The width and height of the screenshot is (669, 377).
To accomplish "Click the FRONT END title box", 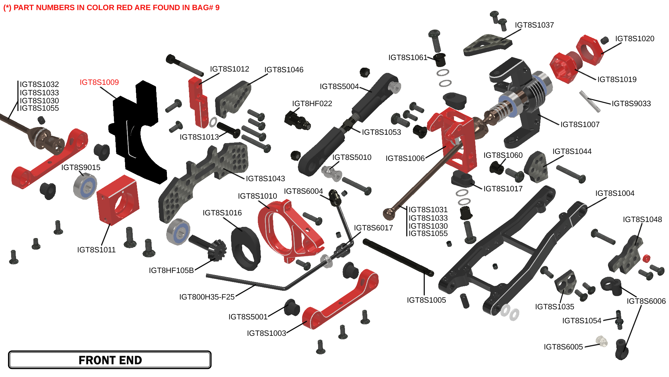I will click(110, 360).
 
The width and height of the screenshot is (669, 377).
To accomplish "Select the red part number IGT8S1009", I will click(99, 82).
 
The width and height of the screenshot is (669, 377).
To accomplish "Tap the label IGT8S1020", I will click(635, 39).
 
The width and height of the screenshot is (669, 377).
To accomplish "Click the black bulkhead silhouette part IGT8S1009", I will click(138, 133).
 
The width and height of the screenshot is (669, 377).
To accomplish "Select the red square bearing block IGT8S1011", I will click(117, 200).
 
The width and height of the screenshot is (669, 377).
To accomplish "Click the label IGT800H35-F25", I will click(207, 297).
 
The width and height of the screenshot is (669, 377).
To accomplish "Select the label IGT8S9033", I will click(631, 104).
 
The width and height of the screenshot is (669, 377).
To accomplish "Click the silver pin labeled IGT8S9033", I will click(590, 102).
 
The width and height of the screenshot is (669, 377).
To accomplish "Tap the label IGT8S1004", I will click(615, 193).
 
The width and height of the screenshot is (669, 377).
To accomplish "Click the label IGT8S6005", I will click(563, 347).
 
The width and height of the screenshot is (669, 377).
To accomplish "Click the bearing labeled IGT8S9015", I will click(85, 186).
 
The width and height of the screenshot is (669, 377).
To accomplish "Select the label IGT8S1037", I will click(534, 25).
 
